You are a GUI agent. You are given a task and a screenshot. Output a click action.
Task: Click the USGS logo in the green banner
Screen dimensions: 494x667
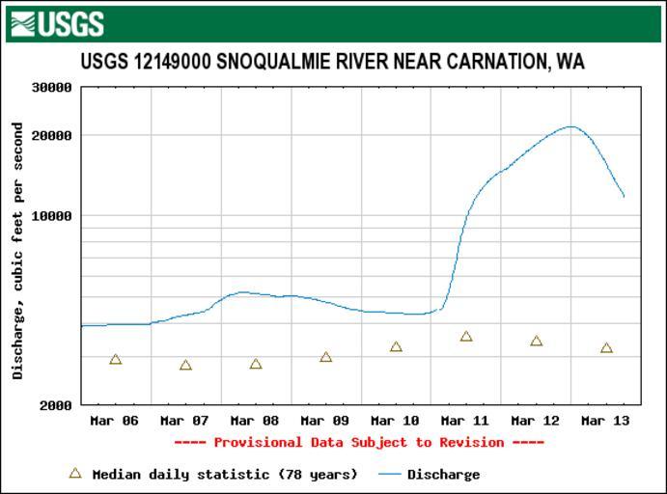point(57,23)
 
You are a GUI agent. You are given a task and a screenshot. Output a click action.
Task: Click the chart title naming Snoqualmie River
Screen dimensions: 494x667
point(332,62)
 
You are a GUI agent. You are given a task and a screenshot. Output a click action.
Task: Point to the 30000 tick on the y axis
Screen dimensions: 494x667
point(52,88)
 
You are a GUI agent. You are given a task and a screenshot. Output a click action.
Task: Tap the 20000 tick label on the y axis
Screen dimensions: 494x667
point(52,135)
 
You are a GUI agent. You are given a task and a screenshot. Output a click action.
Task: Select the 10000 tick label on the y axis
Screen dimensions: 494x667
point(52,216)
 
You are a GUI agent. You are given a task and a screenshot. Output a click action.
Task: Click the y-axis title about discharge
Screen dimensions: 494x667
point(17,250)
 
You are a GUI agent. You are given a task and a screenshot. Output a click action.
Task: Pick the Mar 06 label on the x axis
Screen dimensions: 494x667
point(114,422)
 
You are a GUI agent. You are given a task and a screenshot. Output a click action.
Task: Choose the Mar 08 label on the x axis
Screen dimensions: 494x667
point(255,422)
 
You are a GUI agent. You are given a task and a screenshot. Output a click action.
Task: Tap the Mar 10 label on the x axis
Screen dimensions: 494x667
point(395,422)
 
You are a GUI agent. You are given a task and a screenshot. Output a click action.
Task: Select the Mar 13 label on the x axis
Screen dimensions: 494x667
point(605,422)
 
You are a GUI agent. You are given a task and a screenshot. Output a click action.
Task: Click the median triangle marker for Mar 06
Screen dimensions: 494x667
point(116,360)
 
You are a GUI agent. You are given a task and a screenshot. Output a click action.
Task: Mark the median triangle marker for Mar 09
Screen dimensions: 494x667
point(326,357)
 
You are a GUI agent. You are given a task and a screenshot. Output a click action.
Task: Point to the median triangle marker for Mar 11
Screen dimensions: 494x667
point(466,337)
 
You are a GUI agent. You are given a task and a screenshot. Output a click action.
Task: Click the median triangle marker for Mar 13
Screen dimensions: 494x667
point(606,348)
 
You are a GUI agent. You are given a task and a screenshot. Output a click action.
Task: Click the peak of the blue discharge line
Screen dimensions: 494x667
point(571,126)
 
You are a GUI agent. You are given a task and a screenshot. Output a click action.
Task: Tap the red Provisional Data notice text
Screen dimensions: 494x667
point(359,443)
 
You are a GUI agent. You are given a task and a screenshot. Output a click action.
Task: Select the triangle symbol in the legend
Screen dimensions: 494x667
point(75,474)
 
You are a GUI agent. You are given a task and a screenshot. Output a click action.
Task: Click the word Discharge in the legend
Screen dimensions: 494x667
point(443,475)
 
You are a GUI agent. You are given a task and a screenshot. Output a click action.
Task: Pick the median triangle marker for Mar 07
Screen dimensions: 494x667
point(185,366)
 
